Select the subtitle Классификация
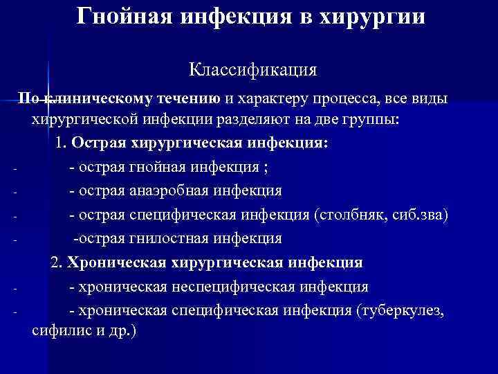click(x=252, y=70)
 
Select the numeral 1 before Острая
click(x=60, y=143)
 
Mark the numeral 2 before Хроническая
click(x=55, y=263)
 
